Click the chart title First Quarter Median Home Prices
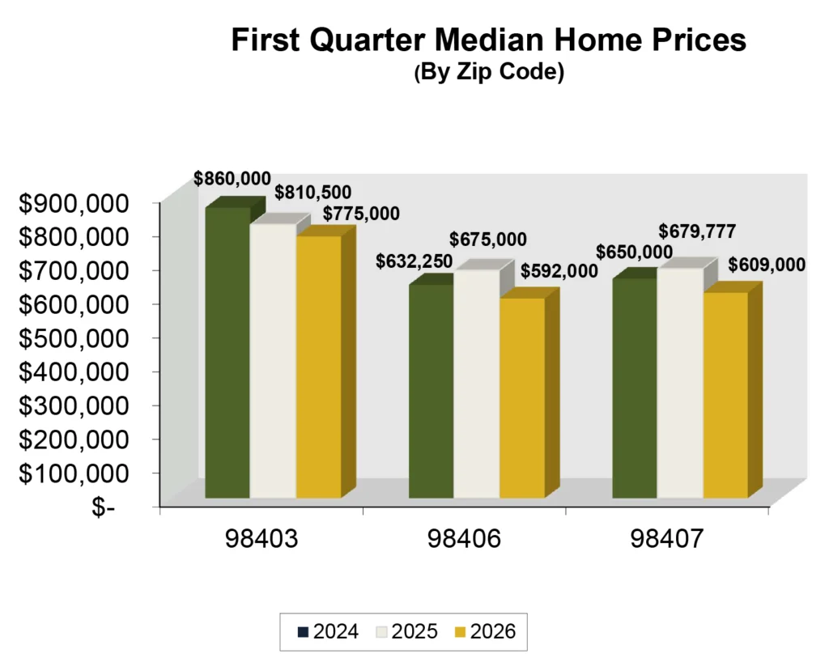pyautogui.click(x=488, y=40)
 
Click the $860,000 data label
pyautogui.click(x=232, y=179)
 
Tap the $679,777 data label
pyautogui.click(x=697, y=232)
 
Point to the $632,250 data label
pyautogui.click(x=414, y=262)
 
